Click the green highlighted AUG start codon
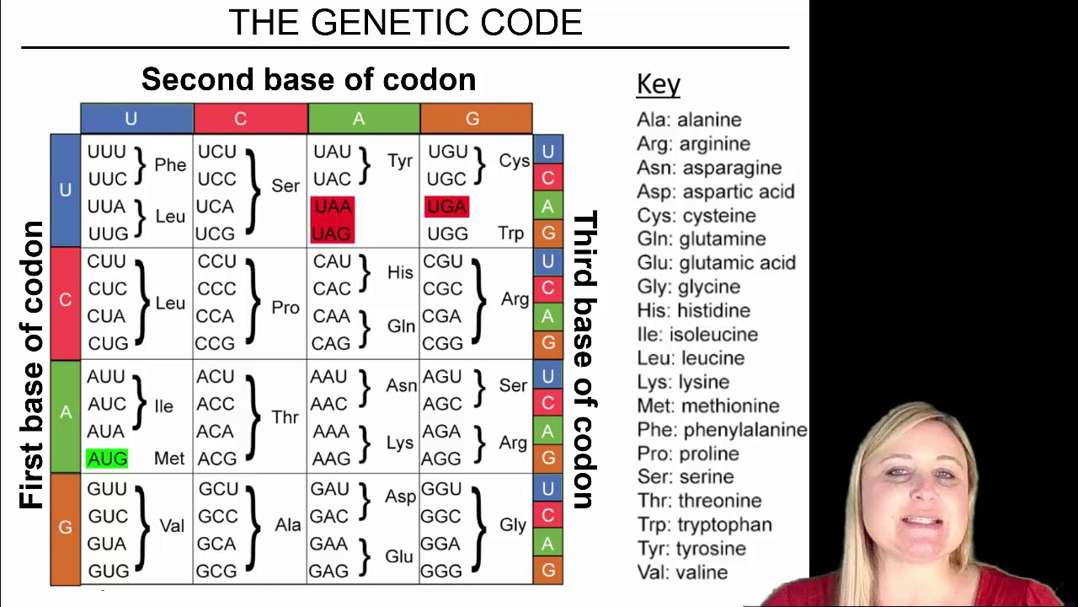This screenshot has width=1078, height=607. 107,459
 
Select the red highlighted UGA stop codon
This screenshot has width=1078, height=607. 446,207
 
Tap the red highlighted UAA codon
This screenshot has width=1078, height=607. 332,207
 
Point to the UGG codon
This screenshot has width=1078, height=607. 446,234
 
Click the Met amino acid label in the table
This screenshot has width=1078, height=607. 168,459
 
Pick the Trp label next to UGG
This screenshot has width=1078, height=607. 510,234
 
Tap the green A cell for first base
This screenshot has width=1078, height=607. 65,413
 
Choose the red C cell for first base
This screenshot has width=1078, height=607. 65,301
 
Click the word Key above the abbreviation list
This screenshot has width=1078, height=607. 659,84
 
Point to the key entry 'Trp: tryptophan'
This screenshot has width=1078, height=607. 704,524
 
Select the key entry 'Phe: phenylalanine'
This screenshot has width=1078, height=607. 722,430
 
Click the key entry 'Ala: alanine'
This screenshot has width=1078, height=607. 689,120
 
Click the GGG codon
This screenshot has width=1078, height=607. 441,571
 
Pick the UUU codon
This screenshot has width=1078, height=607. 107,153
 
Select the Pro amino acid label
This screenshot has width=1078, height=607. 286,308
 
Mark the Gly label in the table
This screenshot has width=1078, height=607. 512,524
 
